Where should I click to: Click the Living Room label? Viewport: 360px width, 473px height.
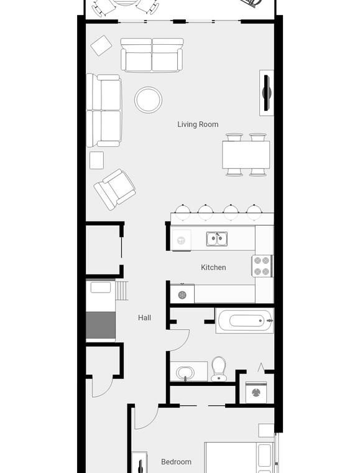[198, 124]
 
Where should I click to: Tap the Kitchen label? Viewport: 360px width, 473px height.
[213, 267]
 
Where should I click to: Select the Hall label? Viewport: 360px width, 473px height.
[145, 317]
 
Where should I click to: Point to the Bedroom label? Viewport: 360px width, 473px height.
[176, 462]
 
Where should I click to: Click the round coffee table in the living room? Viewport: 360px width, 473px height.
[148, 100]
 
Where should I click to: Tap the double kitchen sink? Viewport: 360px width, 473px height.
[217, 239]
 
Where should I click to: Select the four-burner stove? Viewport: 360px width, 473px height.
[262, 266]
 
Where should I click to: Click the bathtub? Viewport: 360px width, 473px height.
[244, 321]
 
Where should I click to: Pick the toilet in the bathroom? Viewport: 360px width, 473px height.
[218, 369]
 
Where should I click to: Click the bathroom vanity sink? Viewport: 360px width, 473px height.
[185, 373]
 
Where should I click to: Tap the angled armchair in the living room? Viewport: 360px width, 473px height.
[115, 189]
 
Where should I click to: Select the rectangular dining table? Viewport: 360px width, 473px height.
[246, 155]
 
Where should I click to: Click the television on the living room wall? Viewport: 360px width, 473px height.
[267, 93]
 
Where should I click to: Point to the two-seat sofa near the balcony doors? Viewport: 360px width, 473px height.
[152, 55]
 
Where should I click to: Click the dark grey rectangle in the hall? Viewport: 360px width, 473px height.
[101, 325]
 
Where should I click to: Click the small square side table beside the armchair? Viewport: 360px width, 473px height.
[97, 160]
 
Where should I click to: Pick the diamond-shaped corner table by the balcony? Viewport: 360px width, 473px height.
[101, 45]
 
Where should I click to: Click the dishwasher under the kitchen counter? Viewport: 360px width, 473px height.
[181, 240]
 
